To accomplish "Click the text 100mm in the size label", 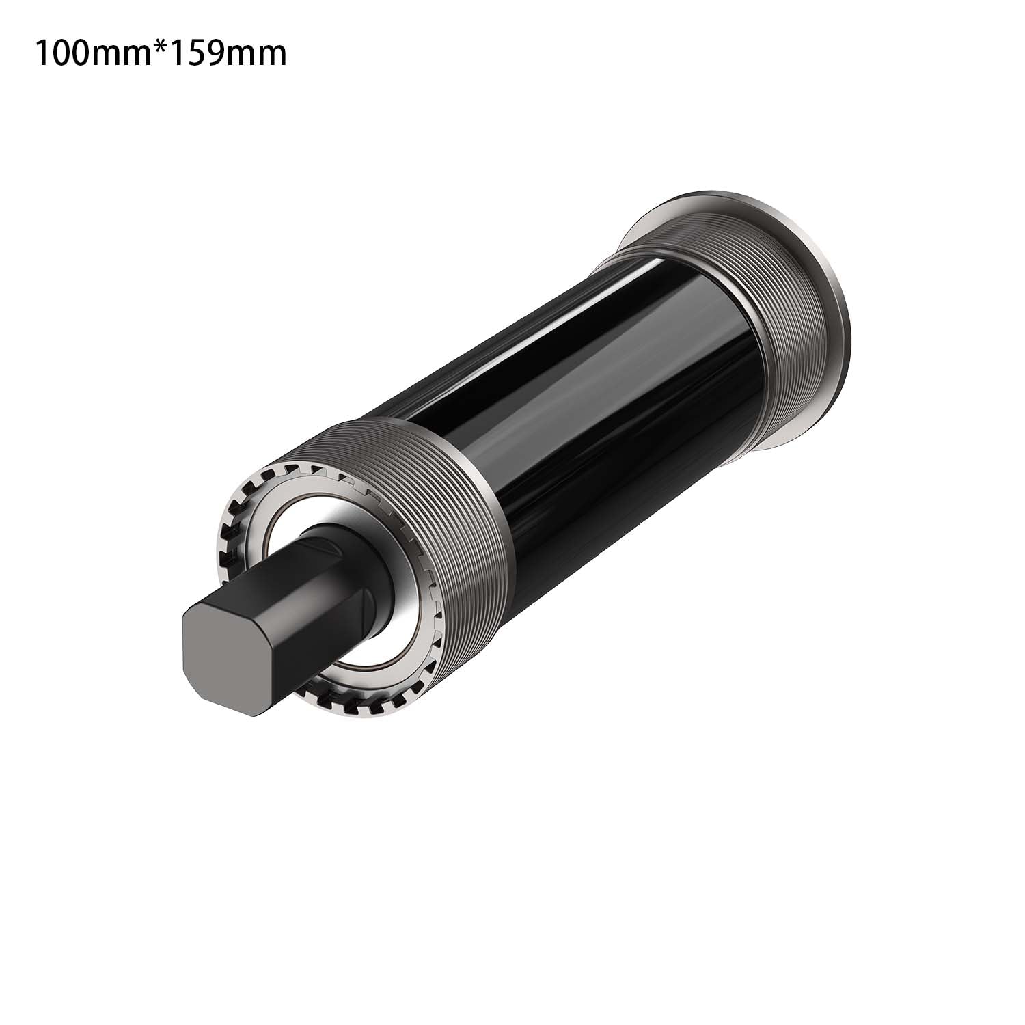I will pos(93,53).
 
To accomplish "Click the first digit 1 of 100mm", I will pos(42,53).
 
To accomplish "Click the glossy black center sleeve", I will pos(601,383).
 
